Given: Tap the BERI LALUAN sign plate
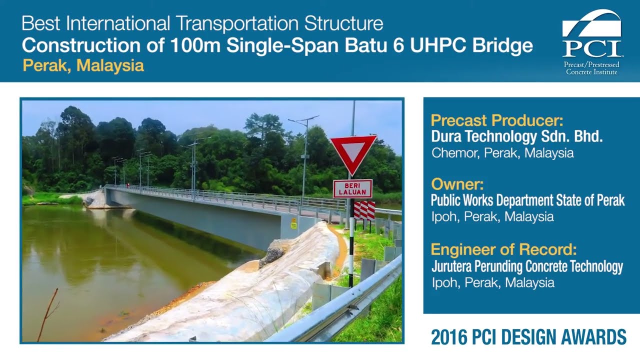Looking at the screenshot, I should tap(352, 189).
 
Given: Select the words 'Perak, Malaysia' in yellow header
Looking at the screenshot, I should tap(83, 65).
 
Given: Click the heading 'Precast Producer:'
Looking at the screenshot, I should tap(496, 120).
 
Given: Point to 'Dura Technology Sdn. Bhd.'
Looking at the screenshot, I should tap(516, 137).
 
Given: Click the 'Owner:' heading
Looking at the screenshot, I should tap(457, 184).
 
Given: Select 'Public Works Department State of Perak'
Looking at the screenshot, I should tap(527, 201).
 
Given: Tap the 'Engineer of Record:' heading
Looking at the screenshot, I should tap(503, 249).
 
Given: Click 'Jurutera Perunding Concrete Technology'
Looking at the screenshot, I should tap(527, 266).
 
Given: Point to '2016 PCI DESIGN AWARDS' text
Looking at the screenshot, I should tap(528, 337).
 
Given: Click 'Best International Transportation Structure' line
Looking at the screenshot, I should tap(202, 23).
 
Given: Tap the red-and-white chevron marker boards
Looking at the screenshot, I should tap(364, 210).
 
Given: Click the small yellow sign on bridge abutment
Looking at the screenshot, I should tap(294, 223).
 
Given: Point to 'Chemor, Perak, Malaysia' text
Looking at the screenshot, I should tap(502, 153).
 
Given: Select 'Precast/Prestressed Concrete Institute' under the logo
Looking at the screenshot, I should tap(592, 68).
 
